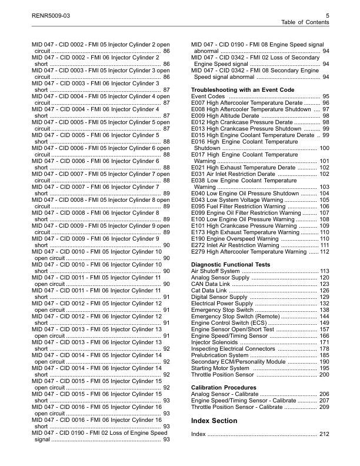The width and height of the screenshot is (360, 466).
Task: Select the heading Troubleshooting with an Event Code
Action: tap(242, 89)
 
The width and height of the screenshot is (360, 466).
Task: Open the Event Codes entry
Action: tap(208, 96)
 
